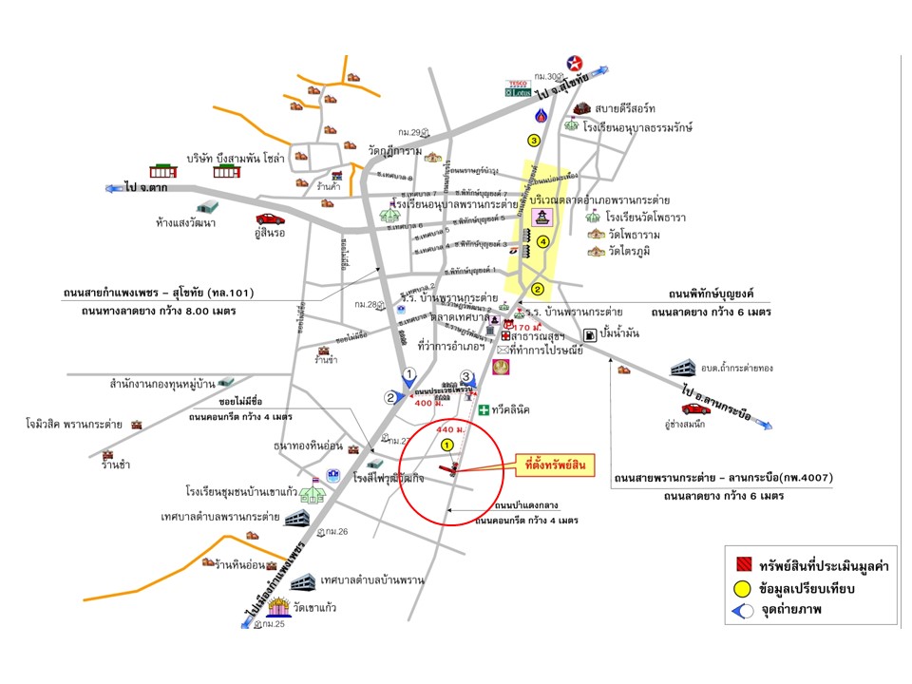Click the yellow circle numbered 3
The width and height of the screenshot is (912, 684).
[534, 141]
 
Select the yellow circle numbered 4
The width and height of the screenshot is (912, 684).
[542, 242]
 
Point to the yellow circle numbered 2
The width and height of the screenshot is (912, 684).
[537, 290]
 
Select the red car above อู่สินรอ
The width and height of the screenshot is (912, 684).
[269, 218]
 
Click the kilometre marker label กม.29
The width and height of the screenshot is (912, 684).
[410, 132]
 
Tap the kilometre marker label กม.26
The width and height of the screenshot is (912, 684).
[338, 531]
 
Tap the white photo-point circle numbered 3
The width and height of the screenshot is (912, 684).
[466, 376]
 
